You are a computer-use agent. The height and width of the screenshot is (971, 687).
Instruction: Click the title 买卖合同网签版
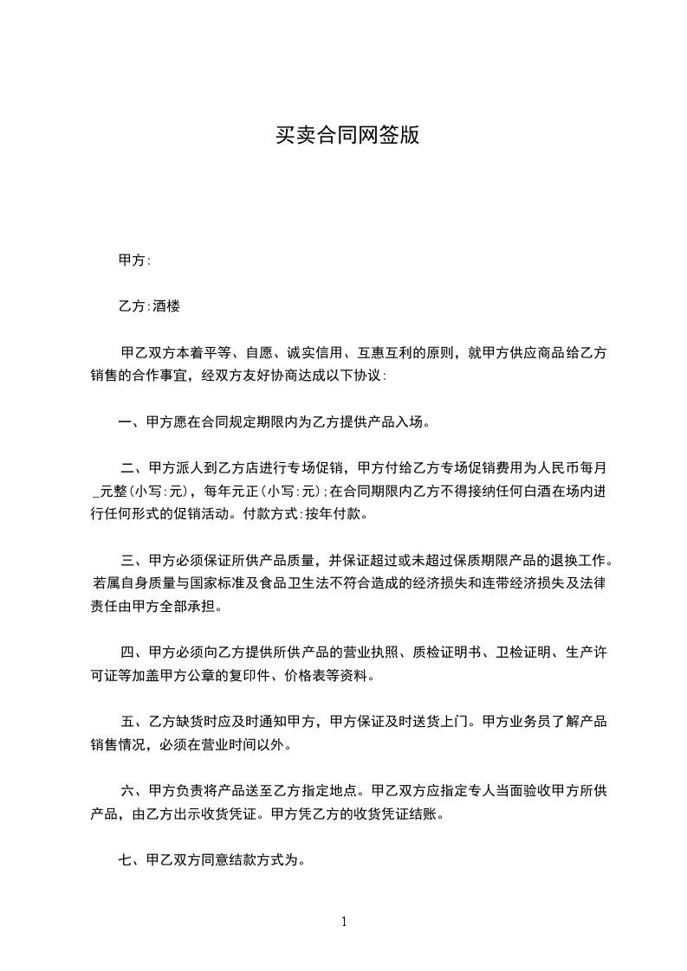pos(347,136)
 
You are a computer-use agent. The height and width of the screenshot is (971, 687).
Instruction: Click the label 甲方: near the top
pos(134,260)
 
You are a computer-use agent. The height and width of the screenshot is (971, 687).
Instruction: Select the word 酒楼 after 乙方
pos(166,306)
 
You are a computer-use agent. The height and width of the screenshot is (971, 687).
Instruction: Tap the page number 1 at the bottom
pos(344,922)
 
